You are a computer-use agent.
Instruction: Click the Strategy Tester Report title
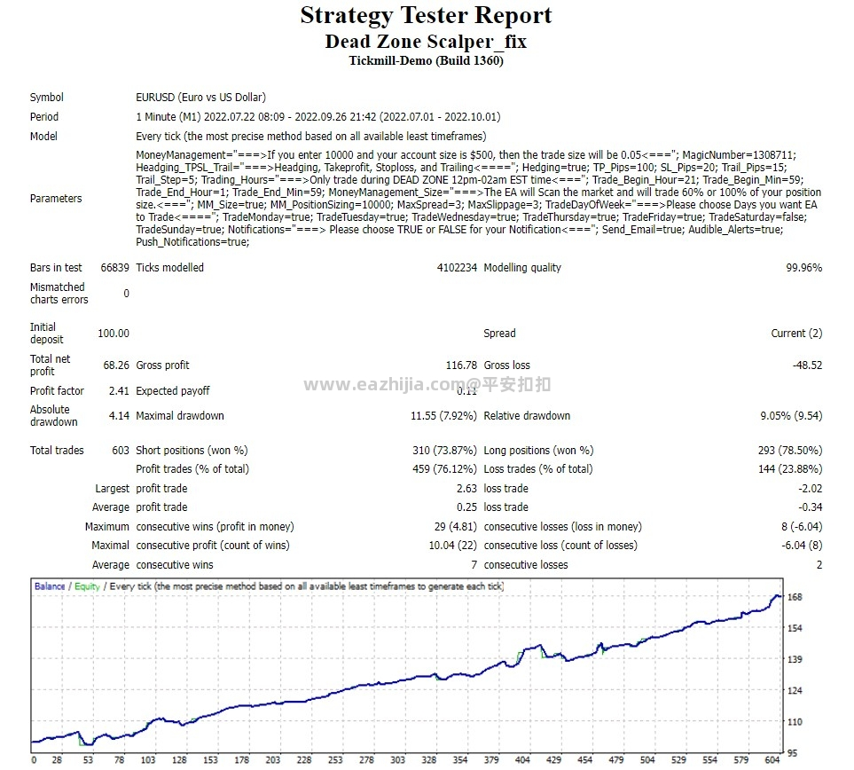tap(426, 16)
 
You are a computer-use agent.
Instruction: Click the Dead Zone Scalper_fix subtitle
tap(426, 41)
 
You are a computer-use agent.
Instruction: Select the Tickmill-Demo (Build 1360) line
tap(426, 60)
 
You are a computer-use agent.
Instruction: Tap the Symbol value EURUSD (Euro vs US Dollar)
tap(200, 98)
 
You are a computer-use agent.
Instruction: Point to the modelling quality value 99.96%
tap(803, 268)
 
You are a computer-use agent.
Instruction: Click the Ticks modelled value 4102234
tap(457, 268)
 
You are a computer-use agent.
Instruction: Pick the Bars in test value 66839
tap(115, 268)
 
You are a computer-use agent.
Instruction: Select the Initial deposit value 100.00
tap(114, 334)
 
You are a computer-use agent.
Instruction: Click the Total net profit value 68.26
tap(116, 365)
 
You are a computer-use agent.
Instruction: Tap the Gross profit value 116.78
tap(461, 365)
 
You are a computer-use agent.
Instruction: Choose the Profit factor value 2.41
tap(119, 391)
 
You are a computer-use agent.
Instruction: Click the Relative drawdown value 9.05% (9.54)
tap(791, 416)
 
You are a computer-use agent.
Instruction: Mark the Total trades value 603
tap(120, 451)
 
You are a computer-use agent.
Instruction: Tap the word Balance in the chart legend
tap(50, 586)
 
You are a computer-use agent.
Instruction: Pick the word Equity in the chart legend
tap(87, 586)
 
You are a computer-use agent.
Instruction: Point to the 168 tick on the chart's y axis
tap(795, 597)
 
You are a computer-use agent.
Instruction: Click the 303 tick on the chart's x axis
tap(398, 760)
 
